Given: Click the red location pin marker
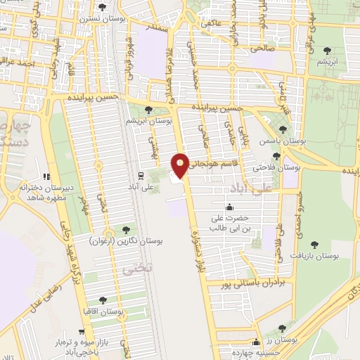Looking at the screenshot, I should (x=181, y=165).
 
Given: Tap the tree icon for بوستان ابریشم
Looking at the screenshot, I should (x=148, y=110).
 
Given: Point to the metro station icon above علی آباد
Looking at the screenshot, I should (x=141, y=175).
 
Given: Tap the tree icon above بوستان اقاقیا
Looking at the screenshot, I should (x=103, y=300).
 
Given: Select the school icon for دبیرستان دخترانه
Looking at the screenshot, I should (x=46, y=176).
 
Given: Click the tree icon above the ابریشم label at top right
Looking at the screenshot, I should (x=326, y=50).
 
